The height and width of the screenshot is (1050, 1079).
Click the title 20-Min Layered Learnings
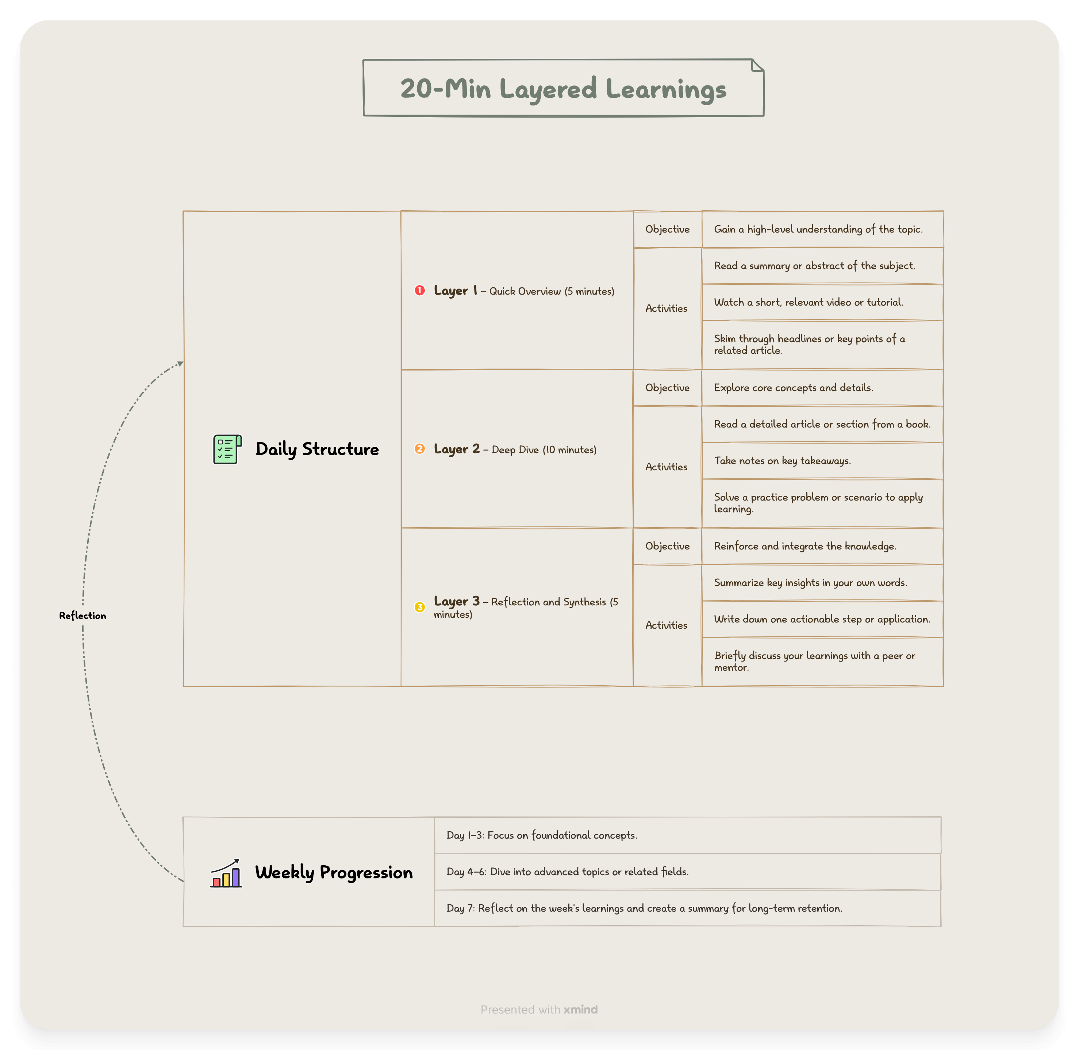(563, 89)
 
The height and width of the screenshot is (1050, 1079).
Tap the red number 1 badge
(419, 291)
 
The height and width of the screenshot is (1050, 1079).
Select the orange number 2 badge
(419, 449)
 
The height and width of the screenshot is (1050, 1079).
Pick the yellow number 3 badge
(419, 607)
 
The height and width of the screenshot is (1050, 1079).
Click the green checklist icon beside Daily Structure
(227, 449)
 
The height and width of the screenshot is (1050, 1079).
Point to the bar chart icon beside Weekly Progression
(226, 873)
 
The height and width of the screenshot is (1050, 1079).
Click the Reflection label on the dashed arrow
(83, 616)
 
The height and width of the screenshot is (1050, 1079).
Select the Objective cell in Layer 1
(667, 229)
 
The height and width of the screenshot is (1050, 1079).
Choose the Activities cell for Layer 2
(666, 467)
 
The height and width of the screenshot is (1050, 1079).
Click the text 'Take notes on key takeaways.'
(782, 460)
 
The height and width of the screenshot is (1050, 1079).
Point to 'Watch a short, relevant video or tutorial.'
(808, 302)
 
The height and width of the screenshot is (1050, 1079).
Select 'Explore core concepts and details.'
(794, 388)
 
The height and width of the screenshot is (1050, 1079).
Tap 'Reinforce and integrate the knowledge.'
(805, 546)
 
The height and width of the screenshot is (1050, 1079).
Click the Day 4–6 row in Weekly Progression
(567, 872)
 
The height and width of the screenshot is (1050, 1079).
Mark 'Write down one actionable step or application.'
(822, 619)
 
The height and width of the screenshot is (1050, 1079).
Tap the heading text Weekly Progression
(334, 873)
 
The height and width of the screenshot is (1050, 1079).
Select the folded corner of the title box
(757, 66)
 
